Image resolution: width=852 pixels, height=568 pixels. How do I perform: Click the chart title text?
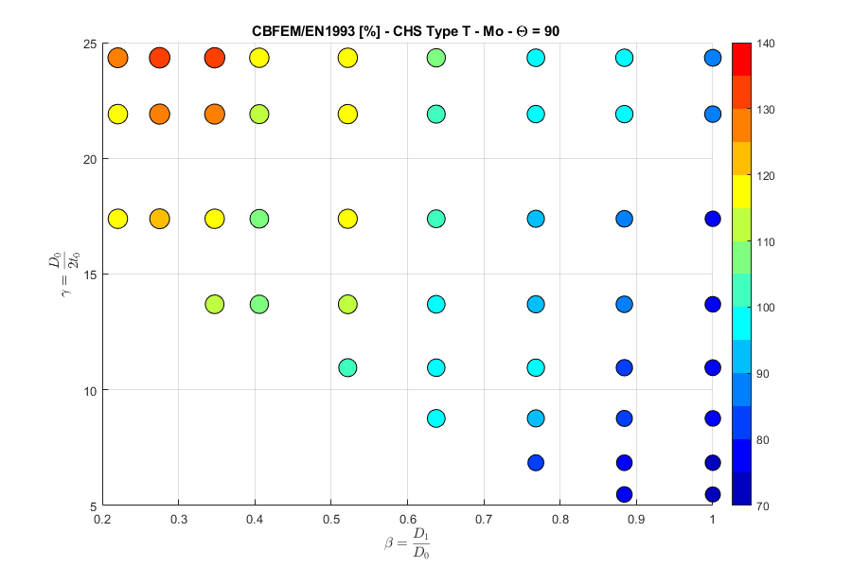click(407, 31)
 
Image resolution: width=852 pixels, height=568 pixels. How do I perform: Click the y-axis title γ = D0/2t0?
click(64, 274)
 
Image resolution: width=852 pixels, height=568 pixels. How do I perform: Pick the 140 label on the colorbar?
click(768, 44)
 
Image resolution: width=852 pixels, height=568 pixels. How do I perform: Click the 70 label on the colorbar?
click(765, 506)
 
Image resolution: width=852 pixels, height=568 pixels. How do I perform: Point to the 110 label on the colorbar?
click(768, 242)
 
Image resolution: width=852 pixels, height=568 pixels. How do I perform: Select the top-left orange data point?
click(117, 59)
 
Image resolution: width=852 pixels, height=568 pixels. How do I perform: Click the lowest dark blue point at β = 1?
click(712, 494)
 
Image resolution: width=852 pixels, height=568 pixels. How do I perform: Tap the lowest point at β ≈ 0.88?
click(624, 494)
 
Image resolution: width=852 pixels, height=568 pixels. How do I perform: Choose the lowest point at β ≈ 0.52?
click(347, 367)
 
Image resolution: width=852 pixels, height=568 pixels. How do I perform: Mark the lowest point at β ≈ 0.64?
click(435, 417)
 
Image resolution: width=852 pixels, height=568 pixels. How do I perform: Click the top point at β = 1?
click(712, 59)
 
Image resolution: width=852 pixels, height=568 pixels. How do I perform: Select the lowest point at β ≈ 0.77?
click(536, 463)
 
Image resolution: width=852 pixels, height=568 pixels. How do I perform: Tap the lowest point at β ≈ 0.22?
click(117, 219)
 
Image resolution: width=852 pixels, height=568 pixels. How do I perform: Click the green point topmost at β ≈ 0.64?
click(435, 59)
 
